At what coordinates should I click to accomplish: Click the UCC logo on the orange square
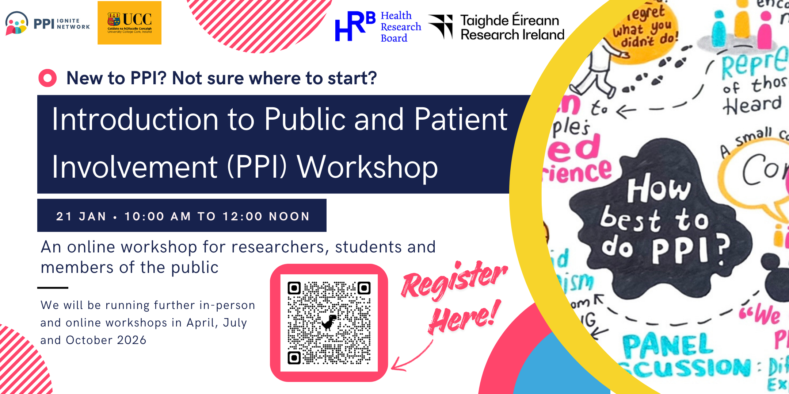129,23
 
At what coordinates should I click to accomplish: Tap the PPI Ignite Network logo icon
16,23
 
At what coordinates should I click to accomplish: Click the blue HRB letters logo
355,26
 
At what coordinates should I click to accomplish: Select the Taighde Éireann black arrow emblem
441,26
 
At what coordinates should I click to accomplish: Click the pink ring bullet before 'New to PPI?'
47,78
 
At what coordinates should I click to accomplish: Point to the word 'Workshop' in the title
367,167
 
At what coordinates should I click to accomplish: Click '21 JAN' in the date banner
81,216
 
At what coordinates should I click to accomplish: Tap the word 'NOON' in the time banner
289,216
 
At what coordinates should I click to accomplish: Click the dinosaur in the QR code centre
329,322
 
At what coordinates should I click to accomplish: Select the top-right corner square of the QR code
364,288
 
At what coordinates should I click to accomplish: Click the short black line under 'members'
53,288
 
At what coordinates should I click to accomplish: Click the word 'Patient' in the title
461,119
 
